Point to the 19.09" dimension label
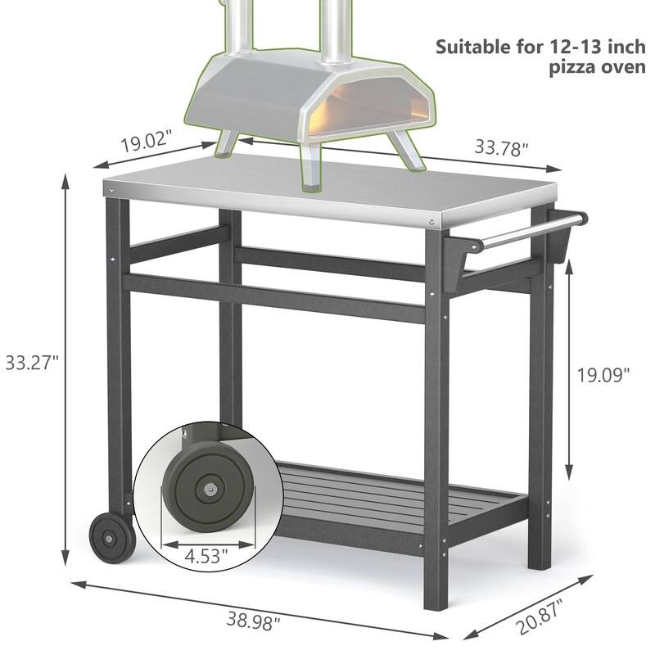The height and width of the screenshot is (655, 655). point(603,374)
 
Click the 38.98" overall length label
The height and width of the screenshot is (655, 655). point(252,620)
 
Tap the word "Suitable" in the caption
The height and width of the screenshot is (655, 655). point(478,46)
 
